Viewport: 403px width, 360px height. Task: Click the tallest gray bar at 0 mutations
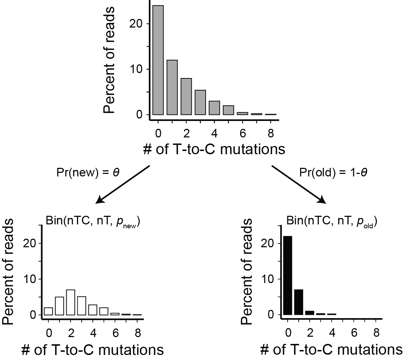pos(158,60)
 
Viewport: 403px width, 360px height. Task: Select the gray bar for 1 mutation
pos(172,87)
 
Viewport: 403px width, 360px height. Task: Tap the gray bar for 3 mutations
pos(200,102)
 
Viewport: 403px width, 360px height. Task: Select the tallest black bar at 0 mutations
pos(288,276)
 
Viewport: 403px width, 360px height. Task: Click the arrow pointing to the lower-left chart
pos(123,184)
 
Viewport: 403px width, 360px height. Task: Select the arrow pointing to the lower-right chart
pos(299,184)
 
